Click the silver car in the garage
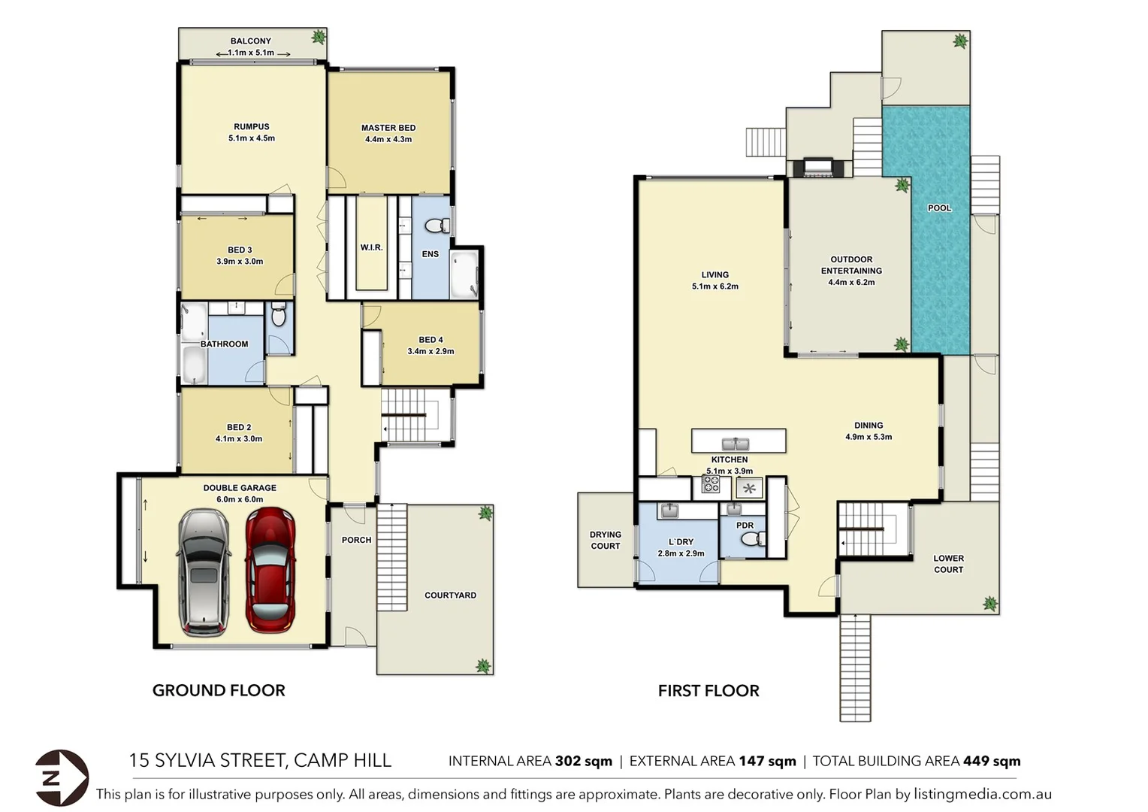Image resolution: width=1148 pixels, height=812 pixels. pyautogui.click(x=204, y=572)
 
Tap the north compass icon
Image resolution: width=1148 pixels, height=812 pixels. pyautogui.click(x=61, y=777)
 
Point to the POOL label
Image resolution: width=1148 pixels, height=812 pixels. pyautogui.click(x=939, y=208)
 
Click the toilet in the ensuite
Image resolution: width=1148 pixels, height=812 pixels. pyautogui.click(x=437, y=226)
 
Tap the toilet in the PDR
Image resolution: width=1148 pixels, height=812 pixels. pyautogui.click(x=751, y=538)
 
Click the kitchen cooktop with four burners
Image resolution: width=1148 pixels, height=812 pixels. pyautogui.click(x=711, y=485)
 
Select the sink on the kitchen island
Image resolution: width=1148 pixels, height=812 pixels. pyautogui.click(x=735, y=444)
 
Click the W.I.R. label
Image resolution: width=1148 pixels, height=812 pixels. pyautogui.click(x=371, y=247)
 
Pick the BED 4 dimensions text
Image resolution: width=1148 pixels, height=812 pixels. pyautogui.click(x=430, y=351)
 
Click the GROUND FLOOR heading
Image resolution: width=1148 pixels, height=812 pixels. pyautogui.click(x=219, y=690)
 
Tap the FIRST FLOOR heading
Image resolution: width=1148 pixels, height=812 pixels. pyautogui.click(x=708, y=690)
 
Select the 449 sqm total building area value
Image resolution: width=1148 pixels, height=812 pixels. pyautogui.click(x=991, y=761)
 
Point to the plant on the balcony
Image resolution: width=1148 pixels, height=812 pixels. pyautogui.click(x=319, y=36)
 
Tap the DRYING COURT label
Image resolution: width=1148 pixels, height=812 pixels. pyautogui.click(x=605, y=541)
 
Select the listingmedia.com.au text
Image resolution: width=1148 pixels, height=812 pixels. pyautogui.click(x=982, y=794)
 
